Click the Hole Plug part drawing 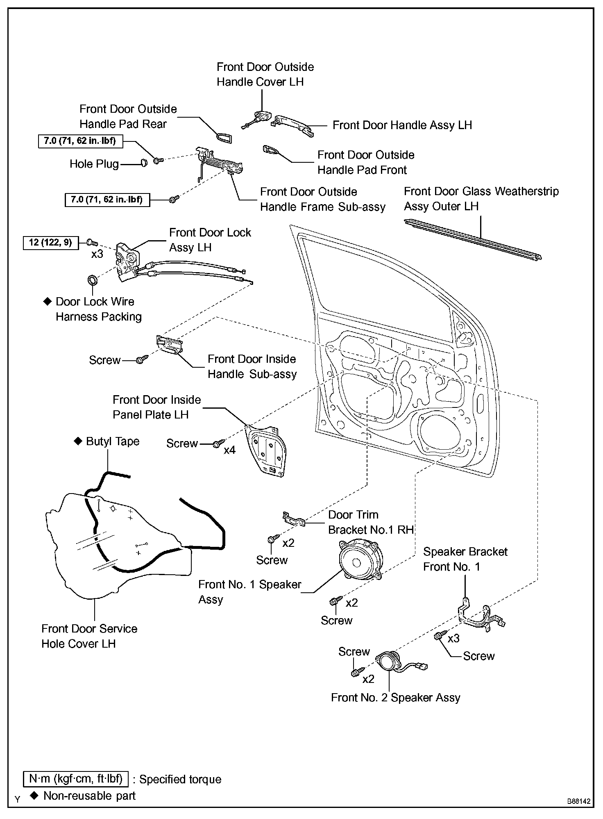point(144,163)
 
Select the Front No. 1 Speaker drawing point(360,559)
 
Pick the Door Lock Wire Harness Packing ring point(93,280)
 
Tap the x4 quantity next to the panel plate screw point(229,450)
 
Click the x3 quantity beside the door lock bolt point(97,254)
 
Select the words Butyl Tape point(113,441)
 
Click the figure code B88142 point(579,801)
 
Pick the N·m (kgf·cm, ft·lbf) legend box point(76,779)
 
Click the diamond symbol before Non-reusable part point(35,796)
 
